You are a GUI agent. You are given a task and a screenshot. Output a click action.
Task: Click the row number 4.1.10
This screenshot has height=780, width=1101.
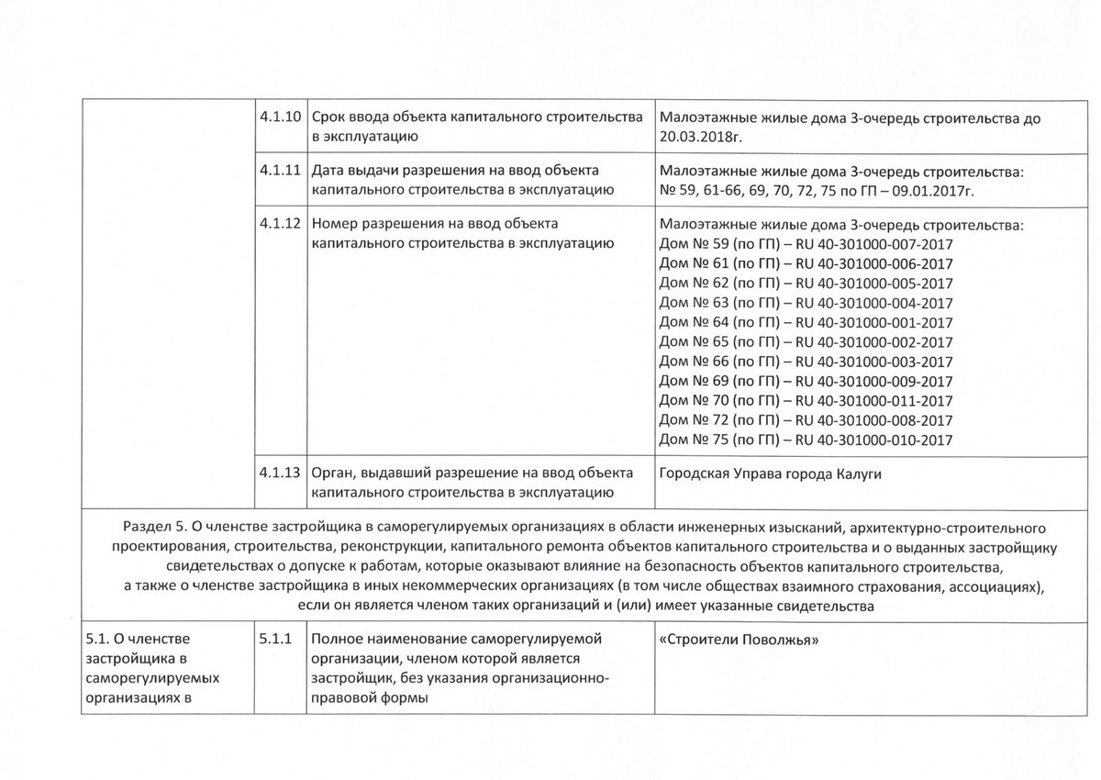280,119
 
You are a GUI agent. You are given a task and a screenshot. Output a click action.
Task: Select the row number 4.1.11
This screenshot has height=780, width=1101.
280,172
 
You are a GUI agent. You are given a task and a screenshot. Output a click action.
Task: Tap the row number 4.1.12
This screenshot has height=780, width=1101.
280,224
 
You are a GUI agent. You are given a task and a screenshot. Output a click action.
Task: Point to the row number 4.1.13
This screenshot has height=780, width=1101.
280,474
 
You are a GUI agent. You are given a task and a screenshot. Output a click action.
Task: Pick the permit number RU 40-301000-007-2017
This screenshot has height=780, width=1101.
874,243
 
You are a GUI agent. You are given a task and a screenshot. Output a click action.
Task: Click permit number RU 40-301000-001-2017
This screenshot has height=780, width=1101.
874,322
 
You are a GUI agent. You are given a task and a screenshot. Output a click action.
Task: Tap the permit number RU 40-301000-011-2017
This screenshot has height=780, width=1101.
874,401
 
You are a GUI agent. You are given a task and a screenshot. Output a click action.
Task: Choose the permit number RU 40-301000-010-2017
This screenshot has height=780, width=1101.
874,440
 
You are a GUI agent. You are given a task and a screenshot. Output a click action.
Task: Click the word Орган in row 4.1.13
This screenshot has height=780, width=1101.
333,474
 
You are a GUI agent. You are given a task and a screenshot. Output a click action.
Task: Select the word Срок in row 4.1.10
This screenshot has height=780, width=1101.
330,119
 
